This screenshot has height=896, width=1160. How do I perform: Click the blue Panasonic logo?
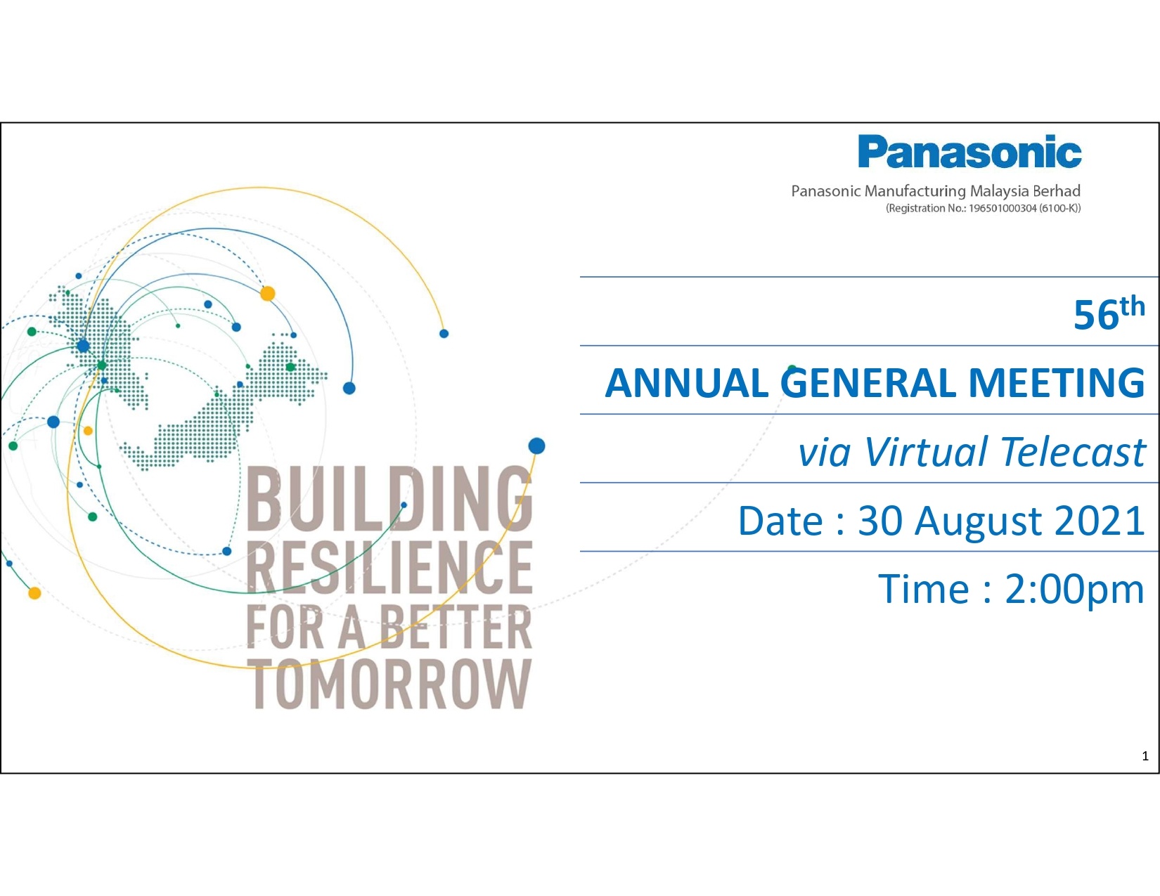[x=969, y=152]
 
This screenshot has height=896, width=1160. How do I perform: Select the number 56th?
[x=1109, y=313]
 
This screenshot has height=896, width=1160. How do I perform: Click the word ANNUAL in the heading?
[x=686, y=383]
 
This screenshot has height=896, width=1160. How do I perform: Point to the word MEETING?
[x=1057, y=383]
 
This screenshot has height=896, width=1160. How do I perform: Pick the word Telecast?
[x=1073, y=452]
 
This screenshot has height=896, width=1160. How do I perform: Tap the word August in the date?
[x=978, y=522]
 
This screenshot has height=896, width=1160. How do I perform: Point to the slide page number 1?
[x=1145, y=755]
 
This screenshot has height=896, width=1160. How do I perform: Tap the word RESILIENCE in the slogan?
[x=389, y=566]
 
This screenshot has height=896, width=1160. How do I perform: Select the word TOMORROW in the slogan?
[x=392, y=684]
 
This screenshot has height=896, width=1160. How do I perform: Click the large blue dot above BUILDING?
[x=536, y=446]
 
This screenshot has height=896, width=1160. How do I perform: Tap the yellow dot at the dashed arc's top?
[x=267, y=294]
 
